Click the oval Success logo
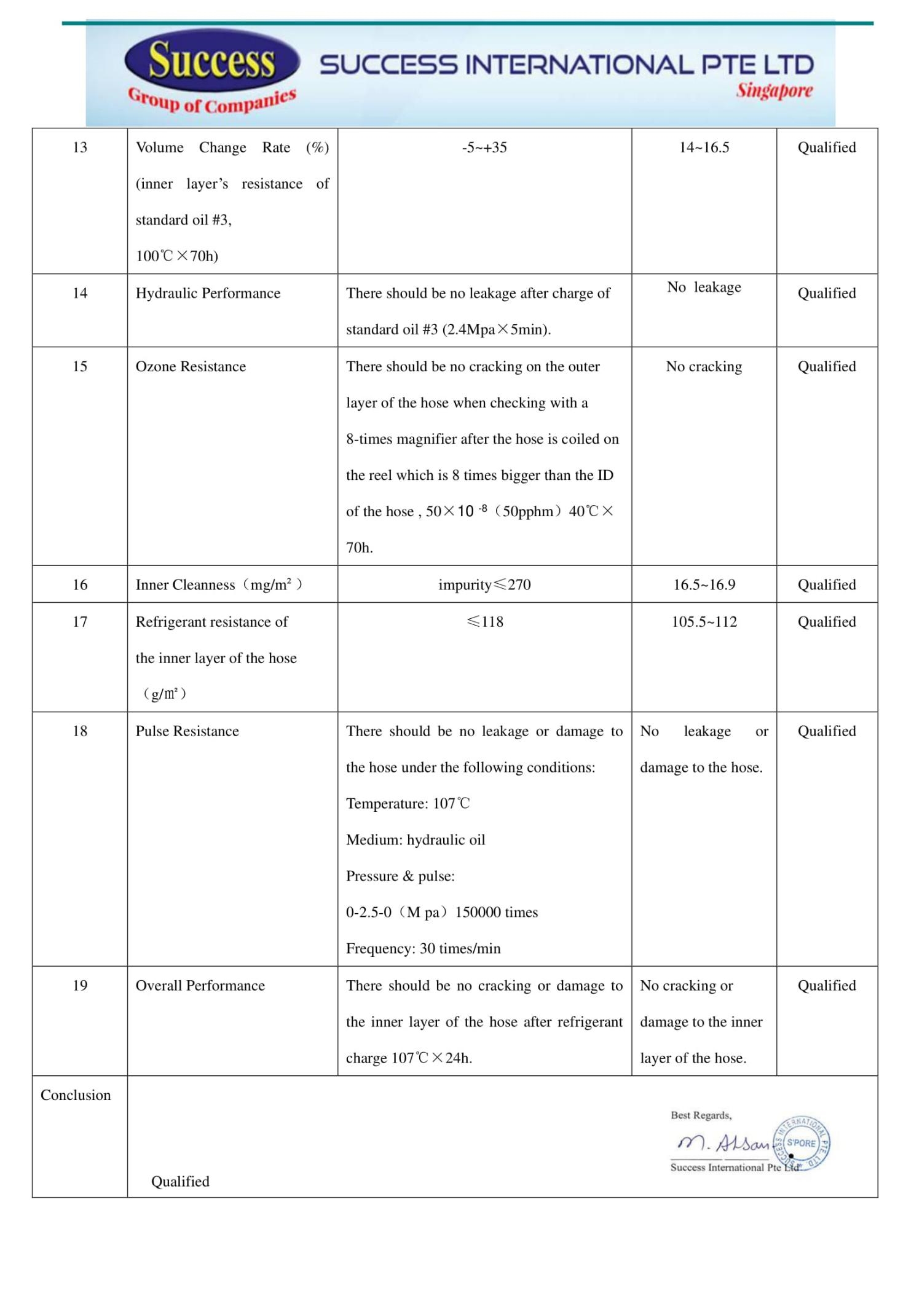[x=211, y=61]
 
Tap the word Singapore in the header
[x=774, y=90]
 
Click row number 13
[x=80, y=147]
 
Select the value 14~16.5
[x=704, y=147]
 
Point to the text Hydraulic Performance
[x=208, y=293]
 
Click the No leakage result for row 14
[x=704, y=287]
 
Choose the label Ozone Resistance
[x=191, y=366]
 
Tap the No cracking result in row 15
[x=704, y=366]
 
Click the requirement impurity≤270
[x=484, y=584]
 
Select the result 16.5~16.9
[x=704, y=584]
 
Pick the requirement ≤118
[x=484, y=621]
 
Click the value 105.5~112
[x=704, y=621]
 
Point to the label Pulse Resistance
[x=187, y=731]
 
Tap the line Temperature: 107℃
[x=408, y=803]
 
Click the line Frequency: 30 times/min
[x=423, y=948]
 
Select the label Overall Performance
[x=200, y=985]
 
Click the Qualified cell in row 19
[x=827, y=985]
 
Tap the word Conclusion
[x=76, y=1094]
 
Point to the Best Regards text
[x=701, y=1115]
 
